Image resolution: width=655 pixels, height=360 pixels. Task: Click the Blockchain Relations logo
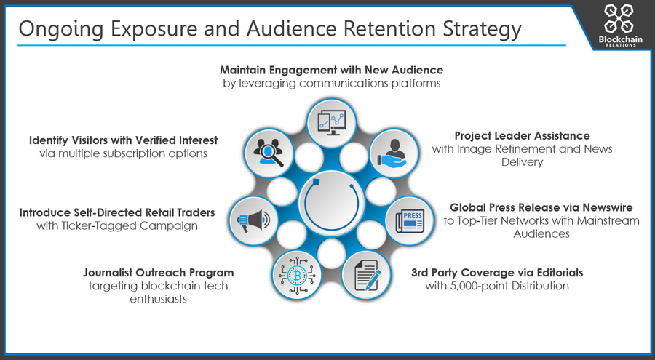coord(620,25)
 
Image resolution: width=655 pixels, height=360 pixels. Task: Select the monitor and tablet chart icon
coord(332,123)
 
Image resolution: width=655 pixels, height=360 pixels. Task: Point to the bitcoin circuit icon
coord(297,275)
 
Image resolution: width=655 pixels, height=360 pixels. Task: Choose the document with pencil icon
coord(368,275)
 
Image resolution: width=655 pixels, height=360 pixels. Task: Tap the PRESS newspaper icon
coord(410,221)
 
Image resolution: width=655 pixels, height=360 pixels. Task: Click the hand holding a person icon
coord(392,153)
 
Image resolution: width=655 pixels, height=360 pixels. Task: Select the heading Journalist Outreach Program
coord(159,273)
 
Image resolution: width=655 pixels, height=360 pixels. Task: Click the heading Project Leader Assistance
coord(522,136)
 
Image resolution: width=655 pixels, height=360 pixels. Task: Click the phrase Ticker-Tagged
coord(99,226)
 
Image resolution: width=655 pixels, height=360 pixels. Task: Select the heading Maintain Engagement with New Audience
coord(332,70)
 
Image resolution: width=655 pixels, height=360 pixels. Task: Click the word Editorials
coord(560,273)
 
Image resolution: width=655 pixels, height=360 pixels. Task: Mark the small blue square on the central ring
coord(317,183)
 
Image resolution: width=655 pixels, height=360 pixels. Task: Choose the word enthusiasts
coord(159,299)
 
